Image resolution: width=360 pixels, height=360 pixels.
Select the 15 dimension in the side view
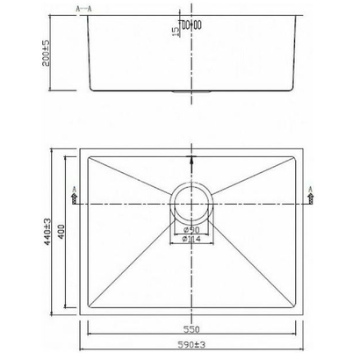[x=176, y=32]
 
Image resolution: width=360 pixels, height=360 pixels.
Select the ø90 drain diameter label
[x=191, y=230]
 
